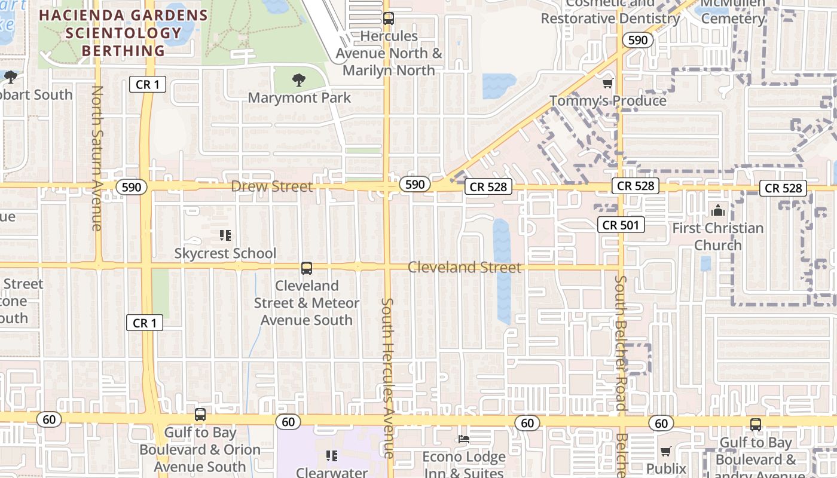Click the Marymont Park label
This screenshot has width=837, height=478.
click(299, 97)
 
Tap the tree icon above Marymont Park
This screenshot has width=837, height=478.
click(298, 79)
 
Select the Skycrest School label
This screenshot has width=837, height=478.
click(225, 253)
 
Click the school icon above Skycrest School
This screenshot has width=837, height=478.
click(225, 235)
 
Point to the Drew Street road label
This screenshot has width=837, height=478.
click(271, 186)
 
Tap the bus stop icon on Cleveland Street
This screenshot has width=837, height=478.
click(307, 268)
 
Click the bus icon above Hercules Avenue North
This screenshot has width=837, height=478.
click(389, 19)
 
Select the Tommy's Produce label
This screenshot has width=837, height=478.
click(607, 100)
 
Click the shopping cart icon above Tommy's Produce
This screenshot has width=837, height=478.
click(607, 83)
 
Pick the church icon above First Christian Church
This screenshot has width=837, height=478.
click(717, 210)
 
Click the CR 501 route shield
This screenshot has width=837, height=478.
click(621, 225)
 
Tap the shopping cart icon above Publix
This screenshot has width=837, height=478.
click(665, 451)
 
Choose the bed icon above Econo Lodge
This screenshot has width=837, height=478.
click(463, 439)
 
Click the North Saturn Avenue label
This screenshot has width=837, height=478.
click(97, 158)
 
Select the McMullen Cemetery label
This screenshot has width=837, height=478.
click(732, 12)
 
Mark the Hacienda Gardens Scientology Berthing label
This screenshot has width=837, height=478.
click(123, 33)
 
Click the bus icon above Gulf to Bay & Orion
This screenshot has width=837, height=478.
click(200, 414)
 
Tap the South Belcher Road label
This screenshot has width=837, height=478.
click(621, 343)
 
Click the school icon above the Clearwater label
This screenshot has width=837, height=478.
click(332, 456)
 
